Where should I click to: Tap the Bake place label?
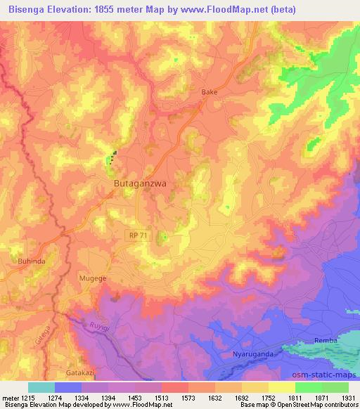tap(209, 92)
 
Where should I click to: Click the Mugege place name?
tap(94, 278)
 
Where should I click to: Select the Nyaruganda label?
tap(251, 354)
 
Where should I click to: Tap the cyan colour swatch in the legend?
tap(41, 387)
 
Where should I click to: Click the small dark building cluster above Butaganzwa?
tap(111, 155)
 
